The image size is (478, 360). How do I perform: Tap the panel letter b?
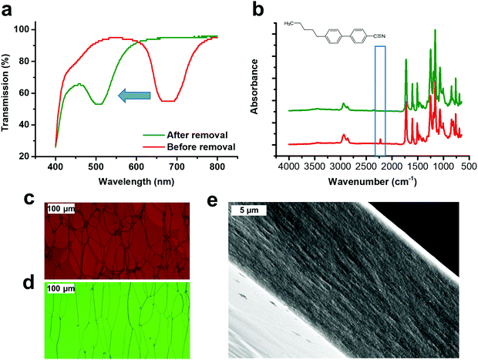258,11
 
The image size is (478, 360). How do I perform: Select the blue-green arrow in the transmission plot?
133,95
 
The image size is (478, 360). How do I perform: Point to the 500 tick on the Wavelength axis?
96,167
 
